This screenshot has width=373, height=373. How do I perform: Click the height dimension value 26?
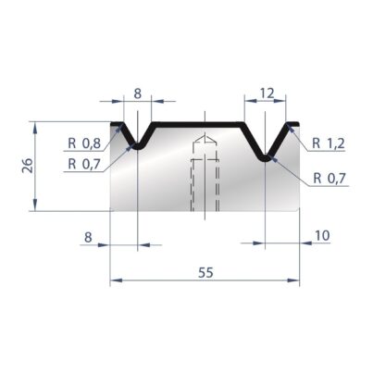coord(29,165)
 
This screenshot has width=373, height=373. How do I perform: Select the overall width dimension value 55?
coord(205,272)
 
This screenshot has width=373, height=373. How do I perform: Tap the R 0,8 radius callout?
coord(84,143)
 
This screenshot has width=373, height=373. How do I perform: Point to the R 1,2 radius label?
coord(329,143)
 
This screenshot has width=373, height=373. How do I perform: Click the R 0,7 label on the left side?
coord(84,164)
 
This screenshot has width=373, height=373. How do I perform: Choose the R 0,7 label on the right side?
coord(329,178)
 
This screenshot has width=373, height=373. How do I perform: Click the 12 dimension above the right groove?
coord(267,93)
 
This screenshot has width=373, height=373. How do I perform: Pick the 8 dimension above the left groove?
coord(138,93)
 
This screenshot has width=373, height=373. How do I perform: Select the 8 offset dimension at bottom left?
coord(88,237)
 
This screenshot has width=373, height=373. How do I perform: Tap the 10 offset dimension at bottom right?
coord(322,236)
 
